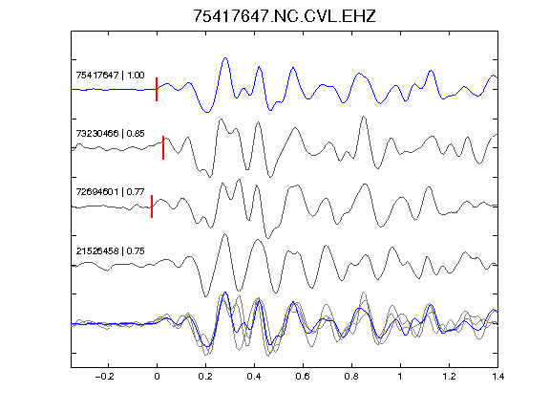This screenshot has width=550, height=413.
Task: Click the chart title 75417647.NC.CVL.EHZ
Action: click(x=285, y=16)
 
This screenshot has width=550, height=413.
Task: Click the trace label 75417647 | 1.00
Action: click(x=110, y=76)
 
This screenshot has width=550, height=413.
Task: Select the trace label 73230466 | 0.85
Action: click(x=110, y=134)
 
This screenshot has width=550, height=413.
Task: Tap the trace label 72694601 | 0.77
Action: click(x=110, y=192)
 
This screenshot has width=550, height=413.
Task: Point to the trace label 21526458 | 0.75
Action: click(x=110, y=251)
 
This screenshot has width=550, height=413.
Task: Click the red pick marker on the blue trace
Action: click(x=157, y=89)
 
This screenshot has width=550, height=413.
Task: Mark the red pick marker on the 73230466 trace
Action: click(x=163, y=147)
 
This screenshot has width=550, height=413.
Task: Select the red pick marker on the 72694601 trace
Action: click(x=152, y=206)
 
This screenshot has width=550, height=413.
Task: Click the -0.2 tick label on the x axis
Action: click(x=105, y=377)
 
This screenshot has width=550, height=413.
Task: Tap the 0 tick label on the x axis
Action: click(x=157, y=377)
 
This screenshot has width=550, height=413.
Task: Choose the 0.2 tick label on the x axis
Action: click(x=205, y=377)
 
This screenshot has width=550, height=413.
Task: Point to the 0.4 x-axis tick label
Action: click(x=254, y=377)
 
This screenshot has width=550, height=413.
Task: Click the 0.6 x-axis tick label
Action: click(x=303, y=377)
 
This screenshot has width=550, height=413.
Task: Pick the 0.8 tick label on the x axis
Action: click(x=351, y=377)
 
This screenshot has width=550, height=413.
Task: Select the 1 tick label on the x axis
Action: click(x=400, y=377)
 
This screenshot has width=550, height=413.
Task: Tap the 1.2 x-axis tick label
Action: click(x=449, y=377)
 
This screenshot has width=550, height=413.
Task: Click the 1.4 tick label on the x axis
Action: click(x=497, y=377)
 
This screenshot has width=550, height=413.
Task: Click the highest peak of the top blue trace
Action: click(x=225, y=58)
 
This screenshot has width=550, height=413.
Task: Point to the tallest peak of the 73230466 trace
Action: click(x=364, y=117)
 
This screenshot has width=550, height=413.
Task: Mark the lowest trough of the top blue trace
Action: click(x=207, y=113)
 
